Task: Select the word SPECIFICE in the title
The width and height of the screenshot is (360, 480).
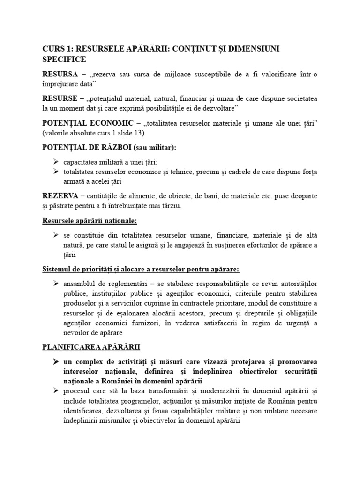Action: pyautogui.click(x=64, y=60)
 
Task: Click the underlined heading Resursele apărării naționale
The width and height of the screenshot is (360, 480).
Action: pyautogui.click(x=90, y=220)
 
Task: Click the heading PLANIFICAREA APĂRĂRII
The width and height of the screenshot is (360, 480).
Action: pyautogui.click(x=91, y=347)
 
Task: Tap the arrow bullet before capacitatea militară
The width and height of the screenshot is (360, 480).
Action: pyautogui.click(x=56, y=162)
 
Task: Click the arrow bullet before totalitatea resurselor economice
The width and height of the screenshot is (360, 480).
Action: pyautogui.click(x=56, y=172)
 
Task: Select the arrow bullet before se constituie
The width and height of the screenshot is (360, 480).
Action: pyautogui.click(x=56, y=235)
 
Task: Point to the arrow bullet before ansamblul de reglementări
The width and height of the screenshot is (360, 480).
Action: pyautogui.click(x=56, y=284)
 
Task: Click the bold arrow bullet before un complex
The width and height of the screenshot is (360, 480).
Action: pyautogui.click(x=56, y=362)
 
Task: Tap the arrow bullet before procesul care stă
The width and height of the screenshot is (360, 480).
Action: pyautogui.click(x=56, y=391)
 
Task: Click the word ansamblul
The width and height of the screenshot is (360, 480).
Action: pyautogui.click(x=80, y=284)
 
